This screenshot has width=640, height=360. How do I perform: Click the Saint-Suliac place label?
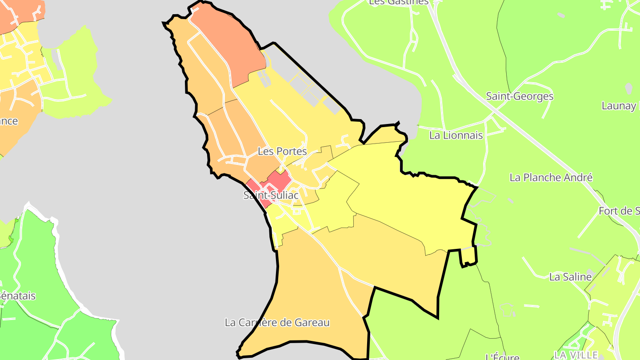coord(271,195)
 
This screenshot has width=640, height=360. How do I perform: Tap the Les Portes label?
coord(282,151)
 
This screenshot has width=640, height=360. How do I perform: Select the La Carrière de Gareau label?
coord(277,322)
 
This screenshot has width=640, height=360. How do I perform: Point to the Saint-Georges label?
coord(520,96)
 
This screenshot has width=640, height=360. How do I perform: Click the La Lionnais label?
coord(456,135)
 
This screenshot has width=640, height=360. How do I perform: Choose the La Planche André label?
coord(551,177)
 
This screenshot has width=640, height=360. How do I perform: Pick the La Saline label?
coord(571,277)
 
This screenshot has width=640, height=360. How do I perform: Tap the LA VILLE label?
coord(576,355)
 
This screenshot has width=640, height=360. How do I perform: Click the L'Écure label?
coord(502,356)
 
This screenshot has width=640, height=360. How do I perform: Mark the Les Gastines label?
coord(399,2)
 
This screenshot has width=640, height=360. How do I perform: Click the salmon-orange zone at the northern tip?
coord(227,44)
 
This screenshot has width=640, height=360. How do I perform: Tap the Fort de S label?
coord(619,211)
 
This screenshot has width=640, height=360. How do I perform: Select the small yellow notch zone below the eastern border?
coord(468,256)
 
